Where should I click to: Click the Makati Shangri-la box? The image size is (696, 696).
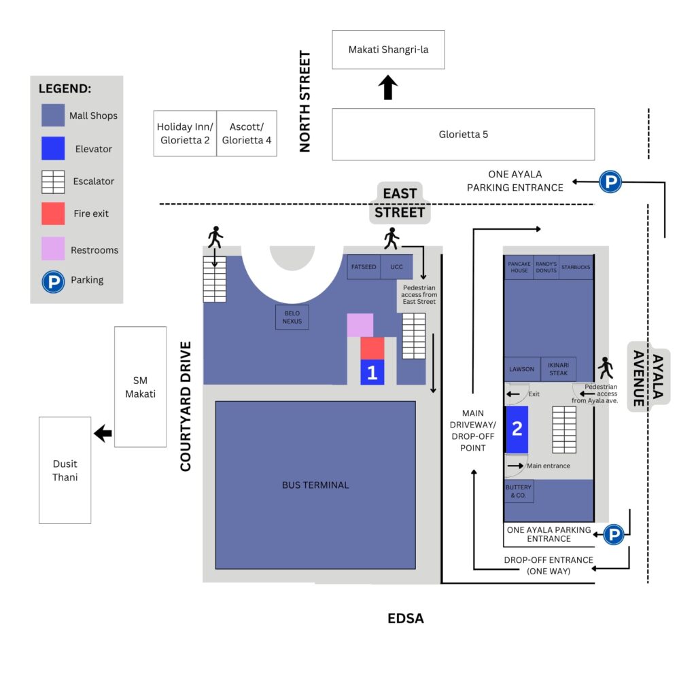[x=388, y=50]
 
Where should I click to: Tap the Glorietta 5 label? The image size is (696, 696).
[x=463, y=135]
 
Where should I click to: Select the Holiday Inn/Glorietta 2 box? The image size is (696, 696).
[x=185, y=133]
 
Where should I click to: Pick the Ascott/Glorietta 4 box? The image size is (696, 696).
[x=247, y=133]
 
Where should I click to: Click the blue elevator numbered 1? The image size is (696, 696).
[x=372, y=372]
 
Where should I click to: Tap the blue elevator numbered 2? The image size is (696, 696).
[x=517, y=430]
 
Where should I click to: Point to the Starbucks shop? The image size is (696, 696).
[x=576, y=268]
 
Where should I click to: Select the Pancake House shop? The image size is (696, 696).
[x=519, y=268]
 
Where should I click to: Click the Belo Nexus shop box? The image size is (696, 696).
[x=292, y=317]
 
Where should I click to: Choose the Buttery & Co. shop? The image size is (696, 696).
[x=519, y=491]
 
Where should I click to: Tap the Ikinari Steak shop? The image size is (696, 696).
[x=558, y=369]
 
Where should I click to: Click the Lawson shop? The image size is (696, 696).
[x=522, y=369]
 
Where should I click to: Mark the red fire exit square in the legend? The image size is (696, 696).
[x=53, y=213]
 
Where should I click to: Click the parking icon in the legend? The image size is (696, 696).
[x=53, y=280]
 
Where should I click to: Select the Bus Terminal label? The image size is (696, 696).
[x=315, y=485]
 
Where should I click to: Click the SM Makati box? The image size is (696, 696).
[x=140, y=387]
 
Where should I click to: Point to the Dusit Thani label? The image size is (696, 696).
[x=65, y=470]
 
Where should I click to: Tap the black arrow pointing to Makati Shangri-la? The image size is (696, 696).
[x=388, y=88]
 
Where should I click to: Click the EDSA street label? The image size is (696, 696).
[x=406, y=619]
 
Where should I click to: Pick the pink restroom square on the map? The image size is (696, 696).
[x=360, y=325]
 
